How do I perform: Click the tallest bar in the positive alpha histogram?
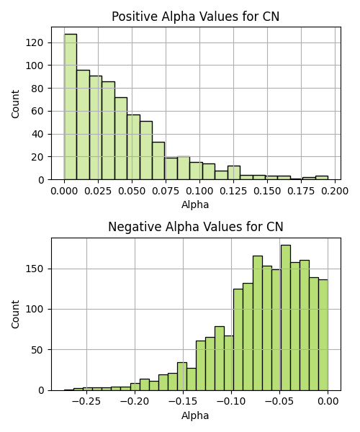[71, 107]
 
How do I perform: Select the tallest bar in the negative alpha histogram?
[286, 318]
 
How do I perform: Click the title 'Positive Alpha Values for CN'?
[196, 17]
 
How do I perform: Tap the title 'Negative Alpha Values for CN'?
[196, 227]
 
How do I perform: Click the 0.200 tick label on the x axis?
[335, 191]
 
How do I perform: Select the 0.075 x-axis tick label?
[166, 191]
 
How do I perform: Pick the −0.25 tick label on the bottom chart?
[86, 402]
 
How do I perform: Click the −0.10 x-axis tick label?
[231, 402]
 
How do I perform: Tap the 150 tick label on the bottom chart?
[35, 269]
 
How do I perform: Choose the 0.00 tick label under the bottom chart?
[328, 402]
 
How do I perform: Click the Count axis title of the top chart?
[15, 104]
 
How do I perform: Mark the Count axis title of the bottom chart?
[15, 314]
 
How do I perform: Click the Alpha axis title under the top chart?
[195, 204]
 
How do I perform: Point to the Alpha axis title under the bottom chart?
[195, 415]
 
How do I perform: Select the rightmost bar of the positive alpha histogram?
[322, 178]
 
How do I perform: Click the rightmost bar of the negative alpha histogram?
[323, 335]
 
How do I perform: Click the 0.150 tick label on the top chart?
[267, 191]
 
